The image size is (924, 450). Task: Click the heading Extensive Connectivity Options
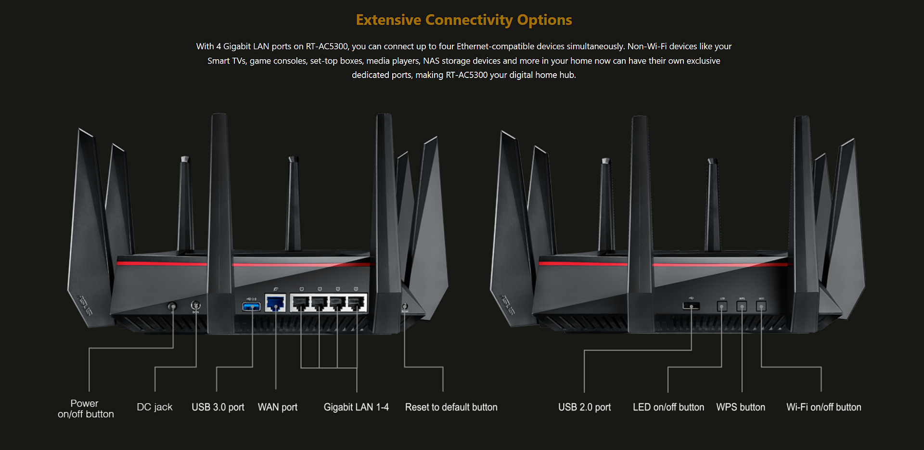pos(463,20)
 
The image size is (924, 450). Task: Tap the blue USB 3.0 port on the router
pos(251,307)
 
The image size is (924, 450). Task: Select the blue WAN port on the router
pos(275,304)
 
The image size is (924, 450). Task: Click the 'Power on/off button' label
pos(86,409)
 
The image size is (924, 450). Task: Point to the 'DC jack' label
pos(154,407)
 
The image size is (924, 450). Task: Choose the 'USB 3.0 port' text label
pos(218,407)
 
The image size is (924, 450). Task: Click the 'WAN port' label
pos(278,407)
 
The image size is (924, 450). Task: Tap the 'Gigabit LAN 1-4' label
pos(356,407)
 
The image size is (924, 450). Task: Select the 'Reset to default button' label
pos(451,407)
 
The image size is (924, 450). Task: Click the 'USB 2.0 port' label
pos(584,407)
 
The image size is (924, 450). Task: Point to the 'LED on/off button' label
pos(668,407)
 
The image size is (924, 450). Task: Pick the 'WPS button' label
pos(741,407)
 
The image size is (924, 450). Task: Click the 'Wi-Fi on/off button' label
pos(823,407)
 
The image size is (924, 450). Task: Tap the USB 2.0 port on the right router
pos(691,306)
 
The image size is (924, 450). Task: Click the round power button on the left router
pos(172,306)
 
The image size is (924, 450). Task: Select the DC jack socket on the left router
pos(195,305)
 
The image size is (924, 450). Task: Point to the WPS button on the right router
pos(742,306)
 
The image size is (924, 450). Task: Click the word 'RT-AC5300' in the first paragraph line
pos(327,46)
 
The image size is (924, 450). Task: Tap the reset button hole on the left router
pos(405,306)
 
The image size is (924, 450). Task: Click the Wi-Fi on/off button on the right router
pos(761,306)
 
